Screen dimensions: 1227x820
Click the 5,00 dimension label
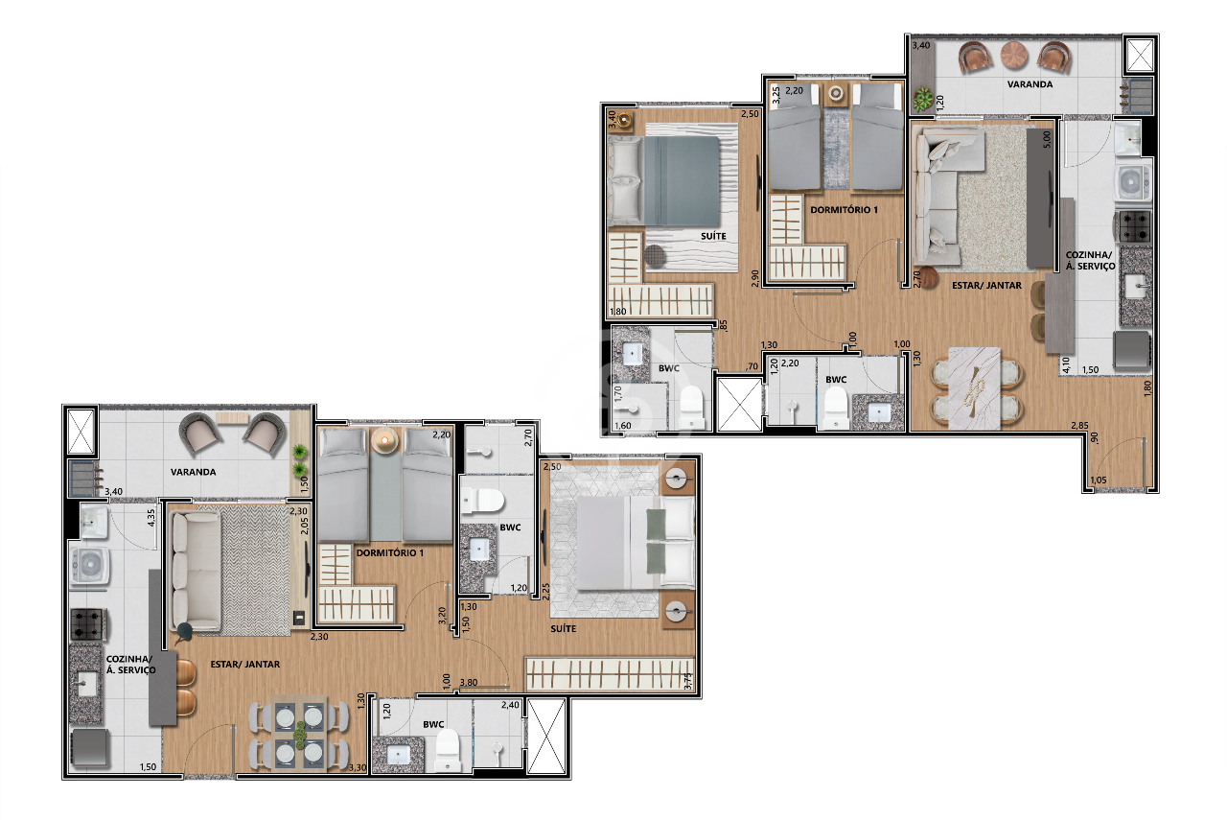click(x=1047, y=138)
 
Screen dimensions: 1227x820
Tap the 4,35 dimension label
click(x=151, y=518)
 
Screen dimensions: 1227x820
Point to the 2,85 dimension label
click(x=1079, y=425)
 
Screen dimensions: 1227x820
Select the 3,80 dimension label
click(x=469, y=683)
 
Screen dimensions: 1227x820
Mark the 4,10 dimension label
click(x=1065, y=364)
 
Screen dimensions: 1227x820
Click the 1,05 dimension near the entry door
click(x=1099, y=480)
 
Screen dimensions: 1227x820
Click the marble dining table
click(x=974, y=388)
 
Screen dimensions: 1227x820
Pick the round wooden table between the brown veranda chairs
click(x=1014, y=56)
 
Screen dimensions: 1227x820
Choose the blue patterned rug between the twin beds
click(x=836, y=149)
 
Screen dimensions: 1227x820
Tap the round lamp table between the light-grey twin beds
click(x=385, y=440)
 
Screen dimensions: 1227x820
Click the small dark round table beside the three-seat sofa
click(x=184, y=631)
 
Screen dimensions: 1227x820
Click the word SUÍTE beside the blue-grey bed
click(x=713, y=236)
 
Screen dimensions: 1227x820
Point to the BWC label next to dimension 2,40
click(x=433, y=725)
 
